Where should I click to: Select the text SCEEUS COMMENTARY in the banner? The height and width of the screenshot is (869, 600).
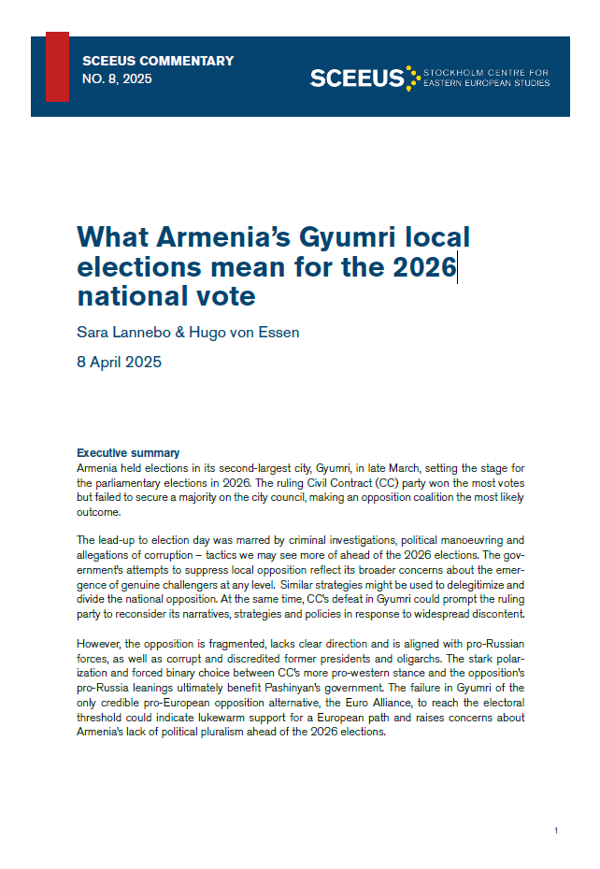[x=158, y=62]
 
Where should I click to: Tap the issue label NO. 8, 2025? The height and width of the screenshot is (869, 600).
[x=117, y=79]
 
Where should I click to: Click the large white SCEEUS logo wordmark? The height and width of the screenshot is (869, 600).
[x=356, y=78]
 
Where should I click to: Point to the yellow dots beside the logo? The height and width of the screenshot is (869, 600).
[x=412, y=78]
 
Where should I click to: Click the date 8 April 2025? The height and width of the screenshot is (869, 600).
[x=119, y=362]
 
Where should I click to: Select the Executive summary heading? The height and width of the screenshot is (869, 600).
[x=128, y=453]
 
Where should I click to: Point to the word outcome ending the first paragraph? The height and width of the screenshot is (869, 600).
[x=98, y=512]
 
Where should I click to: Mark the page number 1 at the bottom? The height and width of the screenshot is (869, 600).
[x=556, y=831]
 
